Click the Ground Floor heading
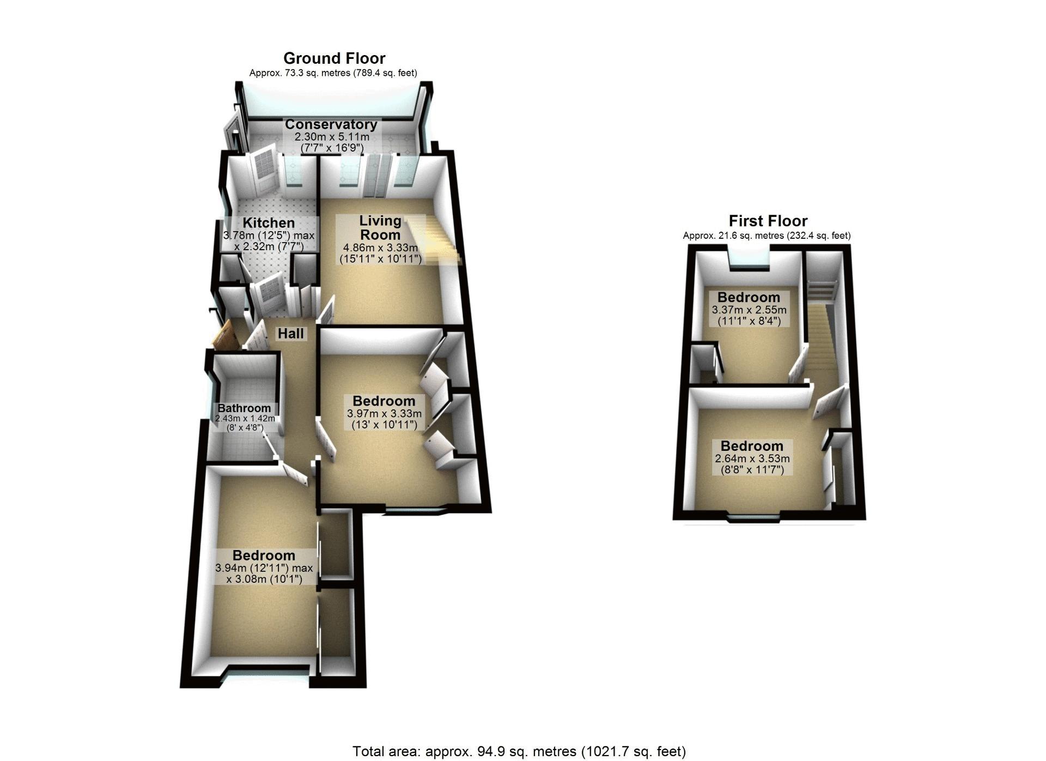(334, 58)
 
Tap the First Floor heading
(768, 221)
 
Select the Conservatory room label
(331, 124)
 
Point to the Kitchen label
(269, 223)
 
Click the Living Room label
(380, 228)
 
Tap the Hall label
(291, 334)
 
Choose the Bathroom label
(244, 408)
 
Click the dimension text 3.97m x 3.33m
(384, 414)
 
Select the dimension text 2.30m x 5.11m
(332, 137)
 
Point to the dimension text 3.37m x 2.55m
(749, 310)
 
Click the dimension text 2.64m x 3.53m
(752, 458)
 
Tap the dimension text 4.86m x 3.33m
(380, 247)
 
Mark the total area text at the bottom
(519, 752)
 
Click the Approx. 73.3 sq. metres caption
(333, 73)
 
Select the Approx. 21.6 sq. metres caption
(767, 235)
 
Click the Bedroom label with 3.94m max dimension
(264, 555)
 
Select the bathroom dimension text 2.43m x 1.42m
(245, 419)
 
